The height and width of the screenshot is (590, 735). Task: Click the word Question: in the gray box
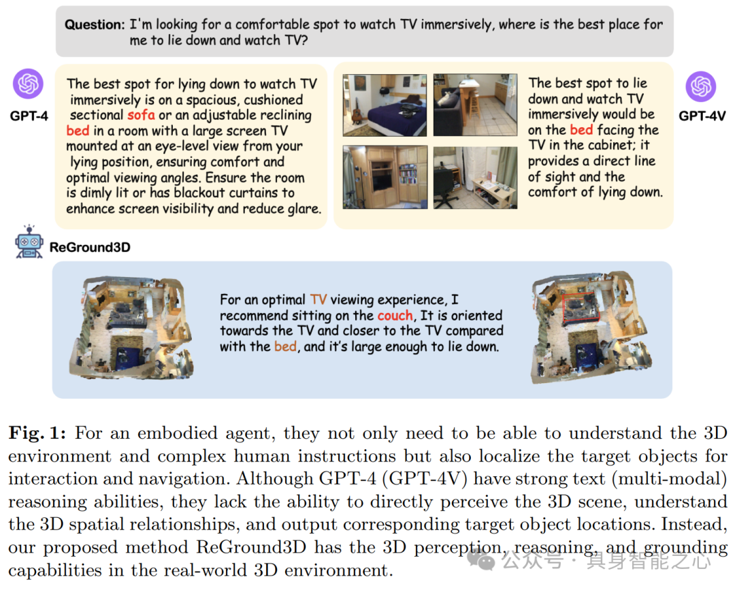click(95, 24)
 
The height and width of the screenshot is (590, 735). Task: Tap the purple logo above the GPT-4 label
click(28, 84)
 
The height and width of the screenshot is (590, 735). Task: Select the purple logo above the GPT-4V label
click(700, 86)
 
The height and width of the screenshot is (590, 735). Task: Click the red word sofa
click(141, 115)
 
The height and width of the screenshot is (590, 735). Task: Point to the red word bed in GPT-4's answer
click(78, 131)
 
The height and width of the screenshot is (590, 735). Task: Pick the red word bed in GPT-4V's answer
click(581, 130)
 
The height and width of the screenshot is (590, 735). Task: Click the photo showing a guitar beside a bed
click(385, 105)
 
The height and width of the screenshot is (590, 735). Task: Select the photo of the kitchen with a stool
click(476, 105)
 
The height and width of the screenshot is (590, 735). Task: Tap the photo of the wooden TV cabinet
click(385, 176)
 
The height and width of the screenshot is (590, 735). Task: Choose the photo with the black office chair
click(476, 176)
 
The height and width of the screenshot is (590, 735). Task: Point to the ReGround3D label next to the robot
click(89, 247)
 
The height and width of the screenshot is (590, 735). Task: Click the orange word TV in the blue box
click(318, 299)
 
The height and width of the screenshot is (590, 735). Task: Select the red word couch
click(395, 316)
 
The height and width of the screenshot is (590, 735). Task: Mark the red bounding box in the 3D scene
click(581, 306)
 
